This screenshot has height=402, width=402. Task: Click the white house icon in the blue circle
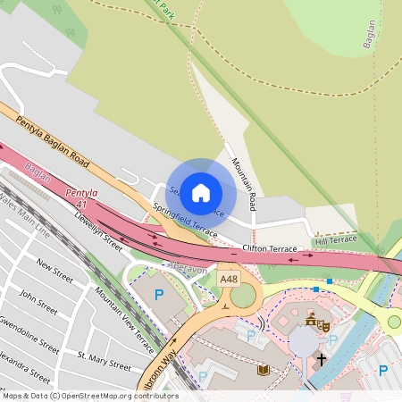pyautogui.click(x=201, y=191)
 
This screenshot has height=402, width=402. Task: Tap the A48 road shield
pyautogui.click(x=229, y=280)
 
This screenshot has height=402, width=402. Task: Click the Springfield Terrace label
pyautogui.click(x=185, y=220)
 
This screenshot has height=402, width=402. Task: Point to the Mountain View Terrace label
pyautogui.click(x=125, y=320)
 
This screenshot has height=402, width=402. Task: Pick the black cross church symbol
pyautogui.click(x=321, y=359)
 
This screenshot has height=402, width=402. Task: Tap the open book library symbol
pyautogui.click(x=262, y=370)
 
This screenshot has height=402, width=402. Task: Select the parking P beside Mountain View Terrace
pyautogui.click(x=160, y=294)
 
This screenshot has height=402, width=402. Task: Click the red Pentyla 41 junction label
pyautogui.click(x=81, y=197)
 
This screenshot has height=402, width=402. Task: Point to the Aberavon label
pyautogui.click(x=188, y=266)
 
